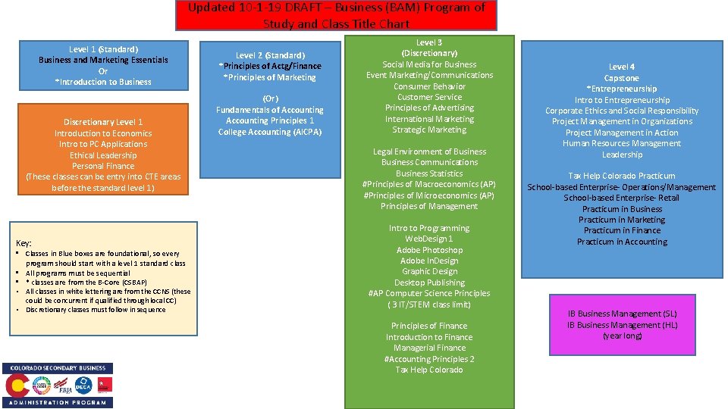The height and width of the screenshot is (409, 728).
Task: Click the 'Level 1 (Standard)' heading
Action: pyautogui.click(x=103, y=49)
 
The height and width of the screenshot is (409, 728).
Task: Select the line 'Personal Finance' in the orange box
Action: pyautogui.click(x=103, y=166)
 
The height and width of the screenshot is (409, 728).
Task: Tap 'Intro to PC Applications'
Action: pyautogui.click(x=103, y=144)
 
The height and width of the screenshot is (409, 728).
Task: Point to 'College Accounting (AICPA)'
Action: pyautogui.click(x=270, y=132)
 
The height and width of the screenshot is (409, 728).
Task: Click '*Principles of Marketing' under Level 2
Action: pyautogui.click(x=270, y=77)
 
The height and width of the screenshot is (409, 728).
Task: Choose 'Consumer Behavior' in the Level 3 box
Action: pyautogui.click(x=429, y=86)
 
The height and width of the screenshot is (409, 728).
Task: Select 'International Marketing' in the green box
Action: pyautogui.click(x=429, y=119)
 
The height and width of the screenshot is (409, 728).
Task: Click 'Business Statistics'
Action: pyautogui.click(x=429, y=173)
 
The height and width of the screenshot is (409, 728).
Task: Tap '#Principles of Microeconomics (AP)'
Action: pyautogui.click(x=429, y=195)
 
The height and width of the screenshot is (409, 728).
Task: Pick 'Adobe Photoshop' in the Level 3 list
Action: pyautogui.click(x=429, y=250)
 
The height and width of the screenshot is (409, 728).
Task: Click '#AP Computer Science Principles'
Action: pyautogui.click(x=429, y=293)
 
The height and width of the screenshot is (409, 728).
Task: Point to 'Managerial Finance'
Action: pyautogui.click(x=429, y=348)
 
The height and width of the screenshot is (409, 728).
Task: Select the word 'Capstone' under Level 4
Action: pyautogui.click(x=622, y=78)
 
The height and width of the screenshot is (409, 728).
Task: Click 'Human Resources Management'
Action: pyautogui.click(x=622, y=143)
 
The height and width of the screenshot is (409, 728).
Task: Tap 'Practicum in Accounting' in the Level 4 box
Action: pyautogui.click(x=622, y=242)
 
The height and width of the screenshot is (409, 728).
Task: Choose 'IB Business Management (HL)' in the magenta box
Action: pyautogui.click(x=623, y=325)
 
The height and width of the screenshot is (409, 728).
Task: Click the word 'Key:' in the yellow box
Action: pyautogui.click(x=24, y=243)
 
